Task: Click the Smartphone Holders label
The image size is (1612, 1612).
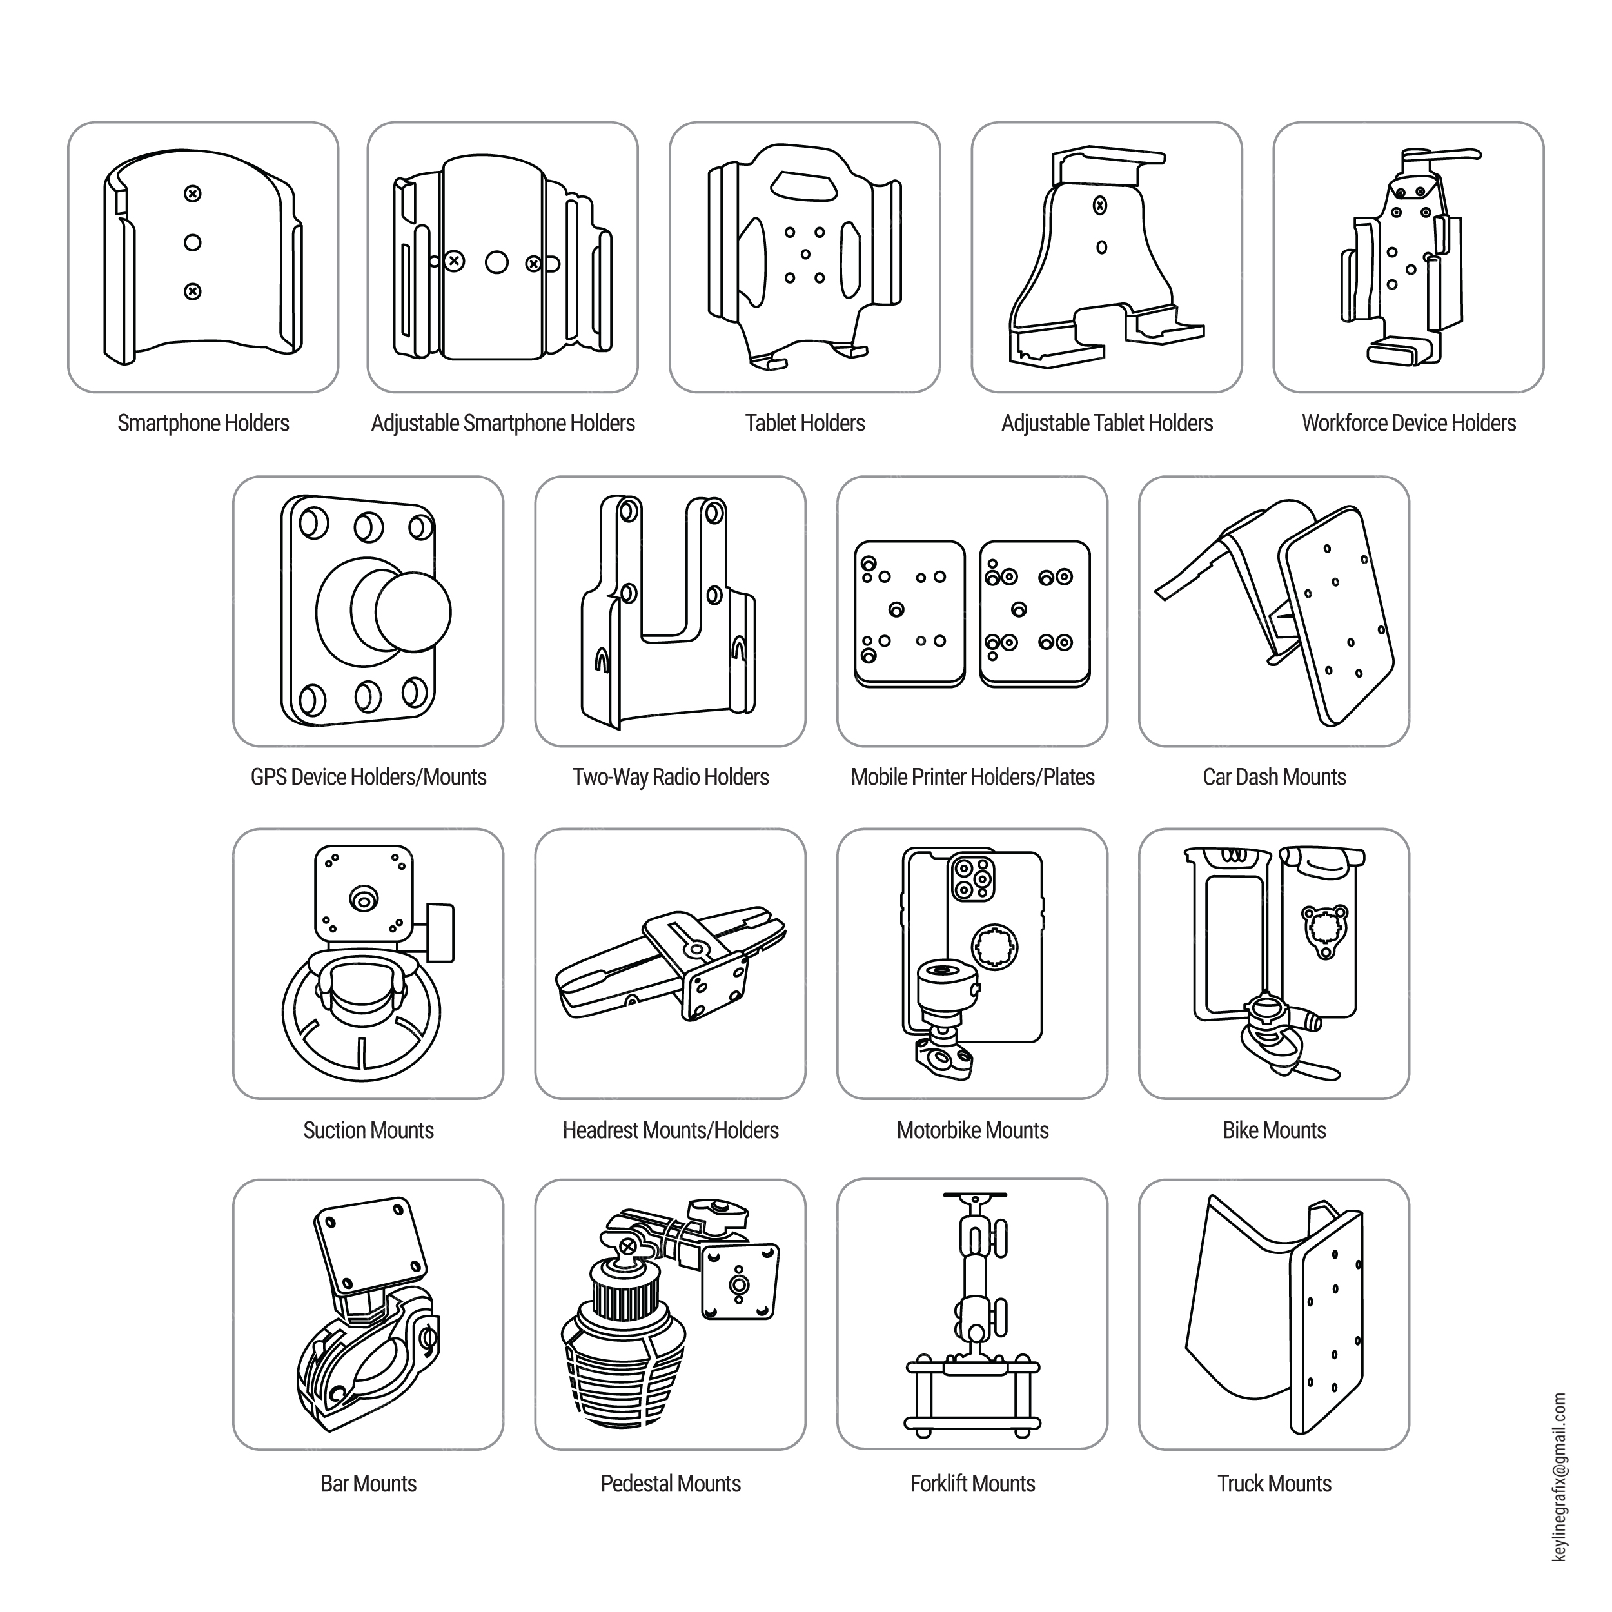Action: (x=204, y=424)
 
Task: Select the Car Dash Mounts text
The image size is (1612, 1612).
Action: (x=1274, y=778)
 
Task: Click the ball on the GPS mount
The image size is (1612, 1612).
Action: (x=413, y=611)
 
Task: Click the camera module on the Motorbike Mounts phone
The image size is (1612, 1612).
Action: (x=972, y=879)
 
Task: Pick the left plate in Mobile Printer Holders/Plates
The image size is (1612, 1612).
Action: (x=909, y=614)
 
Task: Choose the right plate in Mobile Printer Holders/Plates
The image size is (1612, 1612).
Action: (x=1035, y=614)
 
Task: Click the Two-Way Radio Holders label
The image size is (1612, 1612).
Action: (x=671, y=778)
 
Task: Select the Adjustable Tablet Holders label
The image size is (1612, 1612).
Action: (x=1107, y=424)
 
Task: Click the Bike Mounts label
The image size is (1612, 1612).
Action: (x=1274, y=1130)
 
